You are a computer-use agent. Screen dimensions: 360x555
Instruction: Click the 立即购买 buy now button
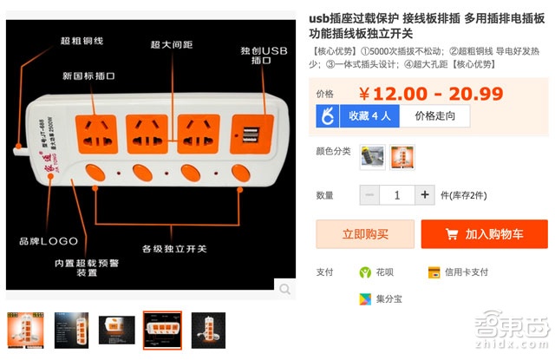(364, 234)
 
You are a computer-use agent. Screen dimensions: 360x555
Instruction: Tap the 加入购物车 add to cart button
(485, 234)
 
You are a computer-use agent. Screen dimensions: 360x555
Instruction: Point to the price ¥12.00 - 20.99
(418, 93)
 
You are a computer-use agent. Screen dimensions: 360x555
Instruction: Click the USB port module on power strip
(251, 134)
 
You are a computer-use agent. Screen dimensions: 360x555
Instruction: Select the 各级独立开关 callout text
(174, 249)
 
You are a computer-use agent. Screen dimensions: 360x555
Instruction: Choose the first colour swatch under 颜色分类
(372, 157)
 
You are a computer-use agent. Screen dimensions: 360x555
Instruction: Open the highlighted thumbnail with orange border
(162, 331)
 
